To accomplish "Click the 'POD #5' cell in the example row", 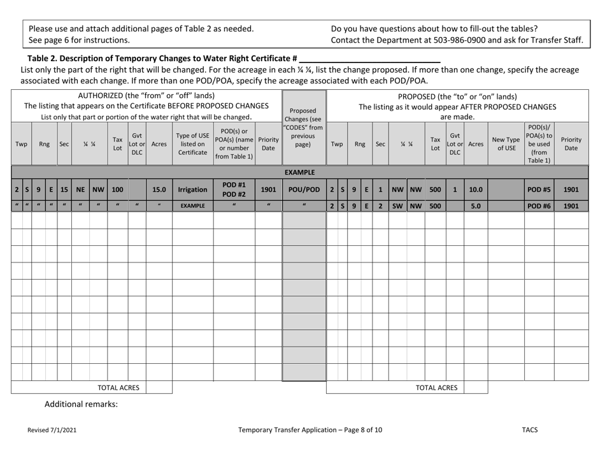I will (539, 189).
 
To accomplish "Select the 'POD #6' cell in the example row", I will (539, 206).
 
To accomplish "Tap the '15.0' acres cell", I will (159, 189).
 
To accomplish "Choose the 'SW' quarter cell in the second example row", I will (397, 206).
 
